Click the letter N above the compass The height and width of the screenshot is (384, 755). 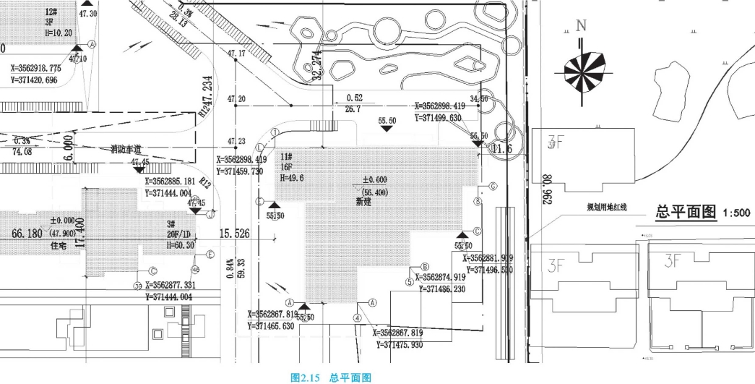coord(582,27)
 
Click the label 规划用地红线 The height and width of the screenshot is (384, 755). coord(606,208)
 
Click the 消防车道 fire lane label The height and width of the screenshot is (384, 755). coord(126,149)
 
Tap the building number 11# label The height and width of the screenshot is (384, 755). coord(286,156)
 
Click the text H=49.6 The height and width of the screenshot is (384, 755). coord(291,177)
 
